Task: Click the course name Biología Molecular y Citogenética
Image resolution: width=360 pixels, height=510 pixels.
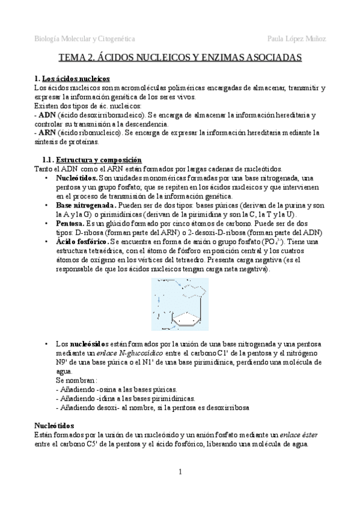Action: coord(84,39)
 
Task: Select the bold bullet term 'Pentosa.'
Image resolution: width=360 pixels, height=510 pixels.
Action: coord(70,223)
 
